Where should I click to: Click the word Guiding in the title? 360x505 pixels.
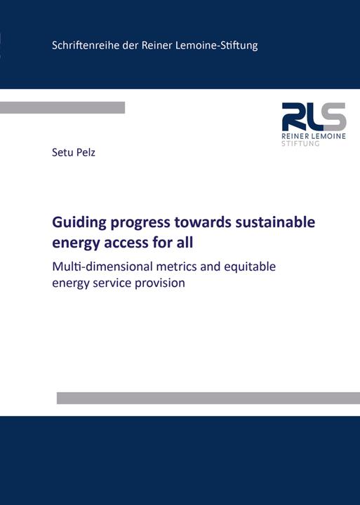tap(77, 223)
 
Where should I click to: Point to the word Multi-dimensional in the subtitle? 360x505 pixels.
tap(102, 267)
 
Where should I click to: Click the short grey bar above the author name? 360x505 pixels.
tap(62, 107)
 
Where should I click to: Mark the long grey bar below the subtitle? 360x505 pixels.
tap(208, 398)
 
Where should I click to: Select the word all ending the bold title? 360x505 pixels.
tap(184, 244)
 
